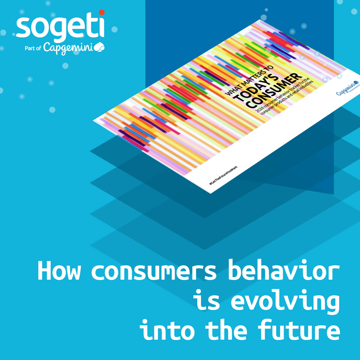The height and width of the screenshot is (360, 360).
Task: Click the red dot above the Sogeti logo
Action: click(x=102, y=13)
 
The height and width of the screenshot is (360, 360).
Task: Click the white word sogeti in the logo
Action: click(x=60, y=27)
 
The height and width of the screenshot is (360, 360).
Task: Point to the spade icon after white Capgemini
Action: click(x=100, y=48)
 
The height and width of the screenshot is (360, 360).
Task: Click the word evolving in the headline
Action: click(x=285, y=300)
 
